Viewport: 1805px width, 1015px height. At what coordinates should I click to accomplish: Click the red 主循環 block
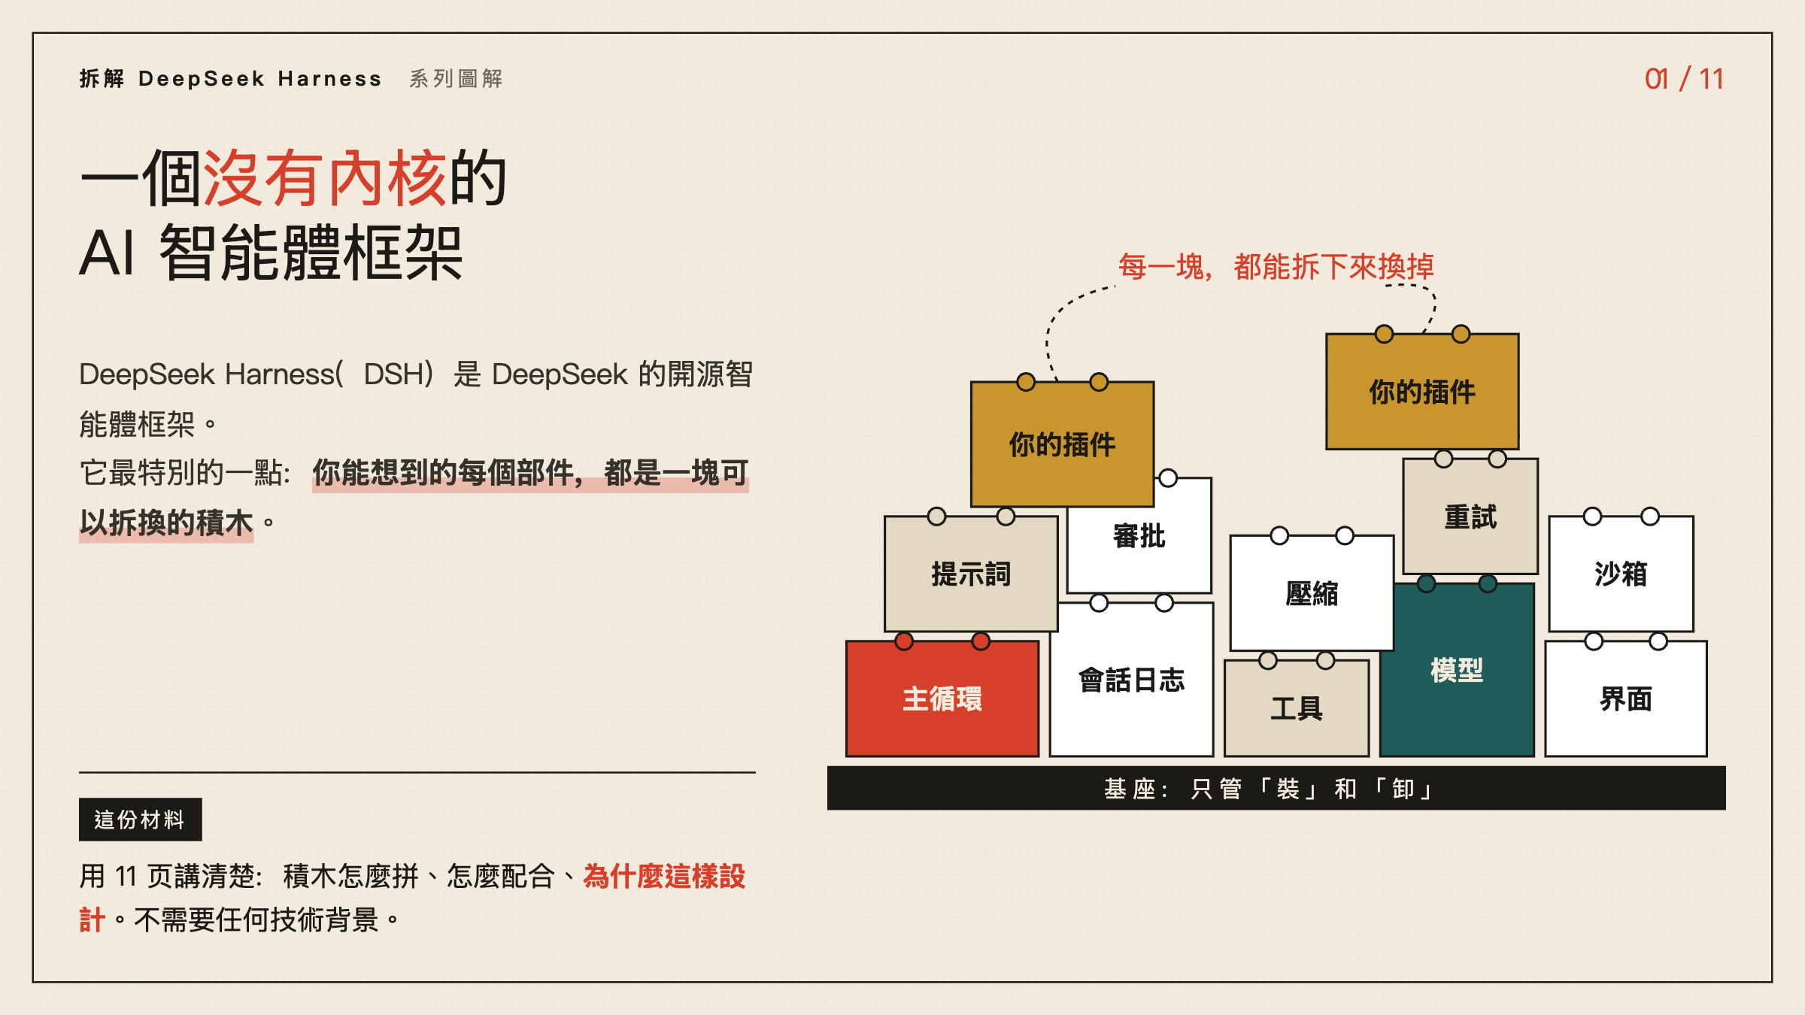[x=942, y=698]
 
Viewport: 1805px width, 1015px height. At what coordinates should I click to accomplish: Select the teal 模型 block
[x=1457, y=670]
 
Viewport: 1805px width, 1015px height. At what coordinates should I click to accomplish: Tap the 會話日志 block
[x=1132, y=680]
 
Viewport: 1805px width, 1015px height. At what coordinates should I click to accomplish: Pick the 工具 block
[x=1297, y=708]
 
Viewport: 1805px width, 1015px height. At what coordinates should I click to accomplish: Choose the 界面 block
[x=1626, y=699]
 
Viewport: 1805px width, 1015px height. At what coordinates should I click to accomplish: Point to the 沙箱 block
[x=1621, y=574]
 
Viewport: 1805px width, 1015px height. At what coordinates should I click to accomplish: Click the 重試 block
[x=1470, y=517]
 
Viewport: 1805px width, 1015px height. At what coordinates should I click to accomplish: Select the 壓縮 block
[x=1312, y=593]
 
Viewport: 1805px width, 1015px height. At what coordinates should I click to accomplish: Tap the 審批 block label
[x=1139, y=536]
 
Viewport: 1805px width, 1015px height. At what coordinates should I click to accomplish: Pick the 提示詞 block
[x=971, y=574]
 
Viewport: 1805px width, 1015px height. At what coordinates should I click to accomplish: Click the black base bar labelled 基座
[x=1276, y=788]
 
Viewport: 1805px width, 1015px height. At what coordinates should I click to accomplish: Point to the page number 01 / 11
[x=1684, y=79]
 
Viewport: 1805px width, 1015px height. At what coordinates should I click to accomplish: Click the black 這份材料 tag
[x=141, y=820]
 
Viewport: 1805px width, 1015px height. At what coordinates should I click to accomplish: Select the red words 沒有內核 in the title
[x=325, y=178]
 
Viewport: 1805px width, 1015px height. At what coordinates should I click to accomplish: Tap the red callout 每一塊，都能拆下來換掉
[x=1276, y=266]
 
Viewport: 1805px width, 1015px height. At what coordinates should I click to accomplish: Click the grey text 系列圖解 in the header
[x=456, y=78]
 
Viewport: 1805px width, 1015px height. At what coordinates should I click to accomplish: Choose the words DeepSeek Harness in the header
[x=260, y=78]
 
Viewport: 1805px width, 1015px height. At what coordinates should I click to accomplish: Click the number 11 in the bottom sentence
[x=126, y=877]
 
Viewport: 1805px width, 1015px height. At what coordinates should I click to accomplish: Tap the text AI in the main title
[x=108, y=253]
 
